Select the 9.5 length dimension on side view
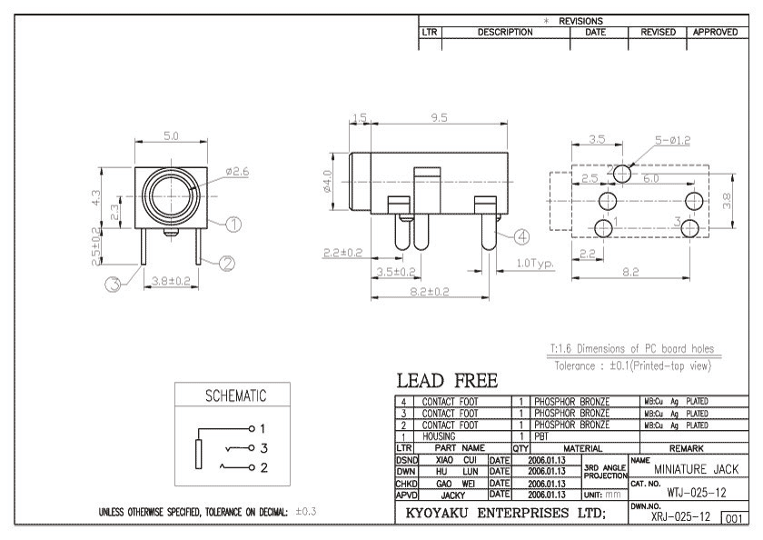(x=441, y=118)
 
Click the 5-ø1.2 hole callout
(x=673, y=140)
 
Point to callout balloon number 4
(x=521, y=235)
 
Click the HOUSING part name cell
(x=440, y=436)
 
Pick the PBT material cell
(x=542, y=436)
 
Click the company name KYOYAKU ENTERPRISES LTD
(x=513, y=515)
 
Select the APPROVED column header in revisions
(x=721, y=32)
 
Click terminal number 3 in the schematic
(x=261, y=448)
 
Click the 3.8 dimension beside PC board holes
(x=726, y=205)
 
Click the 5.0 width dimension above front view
(x=170, y=136)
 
